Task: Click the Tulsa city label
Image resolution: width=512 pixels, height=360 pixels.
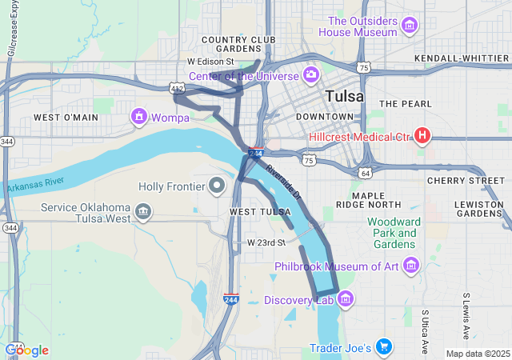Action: [345, 96]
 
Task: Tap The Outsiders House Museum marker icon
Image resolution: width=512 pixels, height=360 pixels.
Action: [410, 26]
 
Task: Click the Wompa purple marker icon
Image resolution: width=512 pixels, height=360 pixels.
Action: [139, 118]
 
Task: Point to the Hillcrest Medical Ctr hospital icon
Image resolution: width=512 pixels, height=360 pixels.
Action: [422, 136]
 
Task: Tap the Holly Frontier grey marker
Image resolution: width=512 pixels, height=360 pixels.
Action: [216, 186]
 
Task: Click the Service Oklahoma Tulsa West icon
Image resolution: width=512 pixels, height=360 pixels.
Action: [143, 212]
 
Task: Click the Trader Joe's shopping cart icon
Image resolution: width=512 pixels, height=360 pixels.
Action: [384, 347]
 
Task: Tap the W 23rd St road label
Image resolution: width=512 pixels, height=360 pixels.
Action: [266, 242]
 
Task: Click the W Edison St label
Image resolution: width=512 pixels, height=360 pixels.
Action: [210, 62]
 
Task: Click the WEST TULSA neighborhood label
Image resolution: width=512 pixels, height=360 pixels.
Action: [260, 212]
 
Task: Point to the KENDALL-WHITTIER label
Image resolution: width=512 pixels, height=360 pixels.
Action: [462, 59]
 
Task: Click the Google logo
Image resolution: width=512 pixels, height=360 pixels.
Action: [26, 350]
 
